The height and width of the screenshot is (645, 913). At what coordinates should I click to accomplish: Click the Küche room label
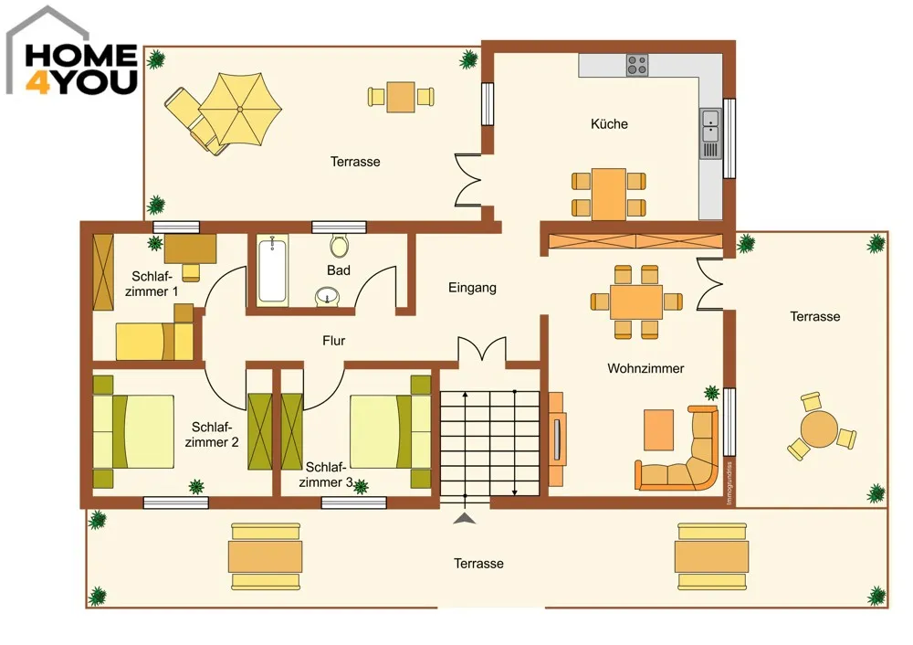tap(609, 123)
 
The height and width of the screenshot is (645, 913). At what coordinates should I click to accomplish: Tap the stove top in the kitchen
tap(637, 65)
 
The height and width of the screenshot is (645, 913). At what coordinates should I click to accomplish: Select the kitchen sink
tap(710, 126)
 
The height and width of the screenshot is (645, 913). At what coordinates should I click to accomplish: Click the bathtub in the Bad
tap(272, 270)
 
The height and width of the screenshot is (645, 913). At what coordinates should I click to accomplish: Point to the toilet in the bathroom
tap(339, 246)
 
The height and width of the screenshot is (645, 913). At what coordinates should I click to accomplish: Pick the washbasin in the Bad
tap(328, 297)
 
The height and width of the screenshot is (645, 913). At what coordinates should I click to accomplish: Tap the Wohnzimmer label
tap(645, 368)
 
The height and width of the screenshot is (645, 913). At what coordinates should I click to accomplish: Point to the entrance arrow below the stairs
tap(464, 518)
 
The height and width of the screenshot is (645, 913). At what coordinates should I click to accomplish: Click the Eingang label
tap(472, 287)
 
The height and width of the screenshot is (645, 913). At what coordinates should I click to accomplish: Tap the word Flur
tap(333, 340)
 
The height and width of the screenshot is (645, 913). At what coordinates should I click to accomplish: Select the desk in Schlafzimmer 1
tap(191, 248)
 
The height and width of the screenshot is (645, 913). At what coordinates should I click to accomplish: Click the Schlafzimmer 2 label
tap(212, 435)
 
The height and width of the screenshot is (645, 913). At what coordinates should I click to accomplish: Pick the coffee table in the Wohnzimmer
tap(658, 430)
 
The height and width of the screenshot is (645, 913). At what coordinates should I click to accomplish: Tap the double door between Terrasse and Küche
tap(467, 180)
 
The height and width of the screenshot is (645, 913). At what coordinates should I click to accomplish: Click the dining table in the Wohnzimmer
tap(636, 301)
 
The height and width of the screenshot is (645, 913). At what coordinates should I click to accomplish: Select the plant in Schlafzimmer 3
tap(361, 487)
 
